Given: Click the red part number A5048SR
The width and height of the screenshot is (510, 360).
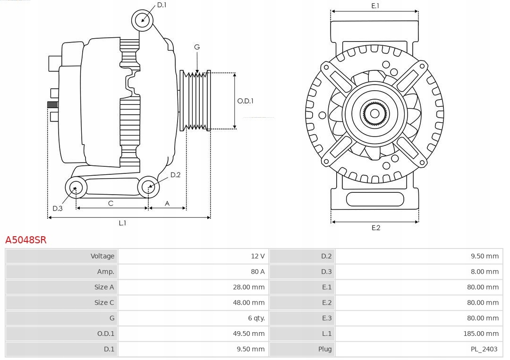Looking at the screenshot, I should (x=26, y=240).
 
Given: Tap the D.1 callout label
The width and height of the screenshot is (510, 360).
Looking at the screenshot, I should (x=161, y=5).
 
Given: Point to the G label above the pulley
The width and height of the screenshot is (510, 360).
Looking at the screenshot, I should (x=197, y=47).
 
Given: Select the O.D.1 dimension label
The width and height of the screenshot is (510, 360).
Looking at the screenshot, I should (x=246, y=101).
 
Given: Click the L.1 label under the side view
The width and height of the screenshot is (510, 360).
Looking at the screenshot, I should (x=122, y=223).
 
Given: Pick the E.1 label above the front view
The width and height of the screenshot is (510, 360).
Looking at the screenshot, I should (x=375, y=6).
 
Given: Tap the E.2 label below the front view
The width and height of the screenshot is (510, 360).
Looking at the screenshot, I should (x=375, y=228).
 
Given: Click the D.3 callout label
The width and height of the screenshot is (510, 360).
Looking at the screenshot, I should (x=57, y=208).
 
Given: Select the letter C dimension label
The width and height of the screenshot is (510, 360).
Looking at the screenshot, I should (x=110, y=204).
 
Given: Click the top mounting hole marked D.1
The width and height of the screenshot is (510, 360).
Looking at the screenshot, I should (x=143, y=20).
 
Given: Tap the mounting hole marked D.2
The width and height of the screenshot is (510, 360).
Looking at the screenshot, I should (x=148, y=187).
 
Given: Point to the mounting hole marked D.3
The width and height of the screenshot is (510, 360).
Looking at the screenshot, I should (x=75, y=188).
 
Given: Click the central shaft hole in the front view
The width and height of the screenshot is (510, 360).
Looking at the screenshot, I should (x=374, y=113).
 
